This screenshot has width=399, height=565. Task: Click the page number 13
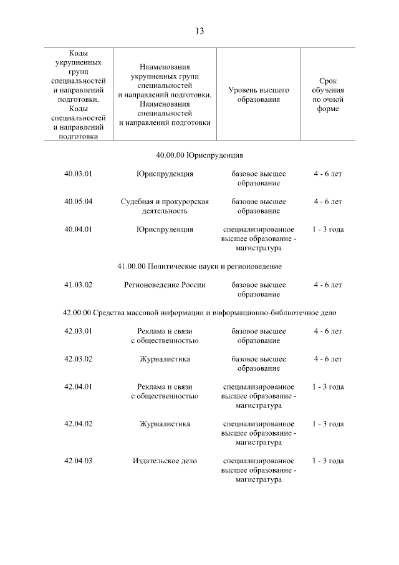pos(199,31)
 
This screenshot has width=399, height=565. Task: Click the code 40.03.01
pos(78,174)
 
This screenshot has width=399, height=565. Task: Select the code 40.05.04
pos(78,202)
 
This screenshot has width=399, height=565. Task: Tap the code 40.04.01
pos(78,229)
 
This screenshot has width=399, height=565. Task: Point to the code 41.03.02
pos(78,285)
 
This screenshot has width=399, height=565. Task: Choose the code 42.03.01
pos(78,331)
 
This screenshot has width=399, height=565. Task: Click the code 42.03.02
pos(78,359)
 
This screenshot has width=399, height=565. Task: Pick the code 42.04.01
pos(78,386)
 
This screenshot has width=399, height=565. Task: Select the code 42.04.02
pos(78,424)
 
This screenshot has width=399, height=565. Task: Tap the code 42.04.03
pos(78,461)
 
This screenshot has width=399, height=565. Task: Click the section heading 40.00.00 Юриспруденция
pos(199,155)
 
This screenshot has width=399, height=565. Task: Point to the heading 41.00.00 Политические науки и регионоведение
pos(199,267)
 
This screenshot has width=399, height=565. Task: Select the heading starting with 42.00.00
pos(199,312)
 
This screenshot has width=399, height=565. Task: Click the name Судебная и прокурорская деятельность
pos(165,206)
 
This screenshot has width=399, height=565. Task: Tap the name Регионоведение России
pos(165,285)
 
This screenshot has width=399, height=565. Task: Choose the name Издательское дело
pos(165,461)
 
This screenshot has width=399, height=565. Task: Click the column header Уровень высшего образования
pos(258,95)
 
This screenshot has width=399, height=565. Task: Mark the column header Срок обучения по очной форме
pos(328,95)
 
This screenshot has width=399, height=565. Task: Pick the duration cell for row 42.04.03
pos(328,461)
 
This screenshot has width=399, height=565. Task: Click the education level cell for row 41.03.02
pos(258,289)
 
